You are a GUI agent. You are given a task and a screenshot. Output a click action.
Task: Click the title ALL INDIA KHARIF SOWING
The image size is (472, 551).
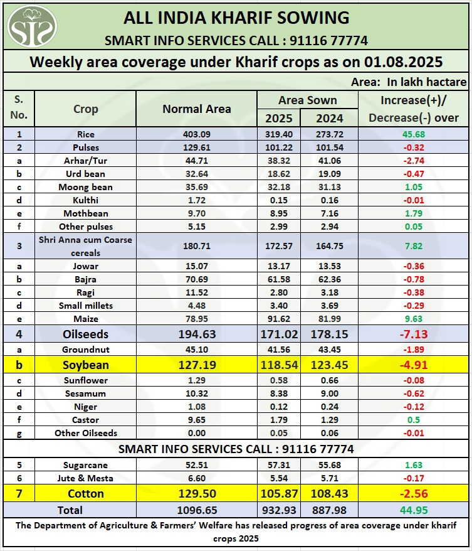[x=236, y=17]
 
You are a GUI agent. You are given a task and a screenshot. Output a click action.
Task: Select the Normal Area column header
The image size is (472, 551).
[x=196, y=109]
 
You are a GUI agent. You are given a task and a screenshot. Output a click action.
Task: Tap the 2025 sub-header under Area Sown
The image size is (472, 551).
[x=278, y=118]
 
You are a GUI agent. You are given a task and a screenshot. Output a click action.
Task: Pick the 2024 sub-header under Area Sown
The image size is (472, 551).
[x=329, y=118]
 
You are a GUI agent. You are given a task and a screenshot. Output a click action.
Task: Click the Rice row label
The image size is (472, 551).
[x=86, y=134]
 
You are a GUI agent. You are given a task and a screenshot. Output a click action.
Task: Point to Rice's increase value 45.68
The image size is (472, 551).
[x=414, y=134]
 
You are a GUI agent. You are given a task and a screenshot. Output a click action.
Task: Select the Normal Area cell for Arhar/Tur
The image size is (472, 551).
[x=196, y=161]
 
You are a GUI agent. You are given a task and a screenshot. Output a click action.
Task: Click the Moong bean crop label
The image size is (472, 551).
[x=86, y=187]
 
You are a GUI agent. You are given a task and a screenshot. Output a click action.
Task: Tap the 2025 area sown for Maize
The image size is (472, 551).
[x=278, y=319]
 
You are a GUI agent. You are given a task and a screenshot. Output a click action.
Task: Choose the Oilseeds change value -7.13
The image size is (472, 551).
[x=414, y=334]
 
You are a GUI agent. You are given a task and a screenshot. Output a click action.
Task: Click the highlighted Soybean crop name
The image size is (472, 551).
[x=86, y=365]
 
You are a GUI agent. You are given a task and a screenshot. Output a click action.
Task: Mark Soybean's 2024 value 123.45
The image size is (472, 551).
[x=329, y=365]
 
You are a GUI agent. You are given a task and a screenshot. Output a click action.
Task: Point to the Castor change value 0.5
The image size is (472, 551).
[x=414, y=419]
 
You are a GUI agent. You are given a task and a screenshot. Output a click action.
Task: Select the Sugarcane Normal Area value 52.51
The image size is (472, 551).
[x=196, y=465]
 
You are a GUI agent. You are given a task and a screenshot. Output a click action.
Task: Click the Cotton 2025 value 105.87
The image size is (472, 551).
[x=278, y=494]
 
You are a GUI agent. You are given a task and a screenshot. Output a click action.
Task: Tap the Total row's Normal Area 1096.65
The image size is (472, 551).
[x=196, y=510]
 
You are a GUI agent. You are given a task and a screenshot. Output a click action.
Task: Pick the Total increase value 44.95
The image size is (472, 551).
[x=414, y=510]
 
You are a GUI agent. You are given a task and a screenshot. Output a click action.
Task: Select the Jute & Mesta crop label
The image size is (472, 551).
[x=86, y=478]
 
